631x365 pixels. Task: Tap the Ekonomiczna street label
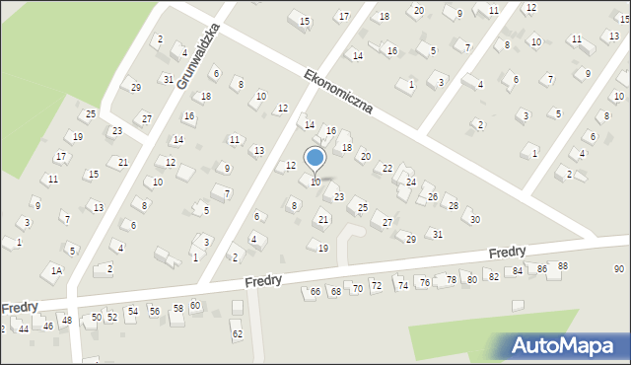pyautogui.click(x=338, y=91)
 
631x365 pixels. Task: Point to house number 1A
pyautogui.click(x=57, y=270)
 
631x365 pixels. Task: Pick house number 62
pyautogui.click(x=237, y=334)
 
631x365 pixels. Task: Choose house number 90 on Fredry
pyautogui.click(x=619, y=269)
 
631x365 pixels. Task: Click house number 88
pyautogui.click(x=563, y=266)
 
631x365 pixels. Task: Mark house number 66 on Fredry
pyautogui.click(x=315, y=292)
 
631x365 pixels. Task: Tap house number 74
pyautogui.click(x=402, y=284)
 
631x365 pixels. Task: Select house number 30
pyautogui.click(x=475, y=219)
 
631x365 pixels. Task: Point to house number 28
pyautogui.click(x=454, y=205)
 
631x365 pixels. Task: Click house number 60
pyautogui.click(x=195, y=306)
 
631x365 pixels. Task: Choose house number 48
pyautogui.click(x=67, y=321)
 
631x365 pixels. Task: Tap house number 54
pyautogui.click(x=133, y=312)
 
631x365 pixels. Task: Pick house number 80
pyautogui.click(x=472, y=279)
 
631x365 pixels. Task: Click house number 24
pyautogui.click(x=411, y=182)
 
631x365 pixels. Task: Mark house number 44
pyautogui.click(x=24, y=328)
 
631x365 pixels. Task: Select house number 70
pyautogui.click(x=358, y=288)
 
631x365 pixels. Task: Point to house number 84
pyautogui.click(x=517, y=271)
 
